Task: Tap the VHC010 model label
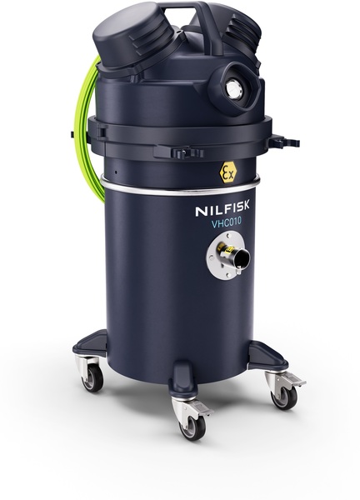coord(227,222)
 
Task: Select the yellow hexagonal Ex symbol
coord(228,172)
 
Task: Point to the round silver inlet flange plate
coord(223,255)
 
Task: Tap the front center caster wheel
coord(192,427)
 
